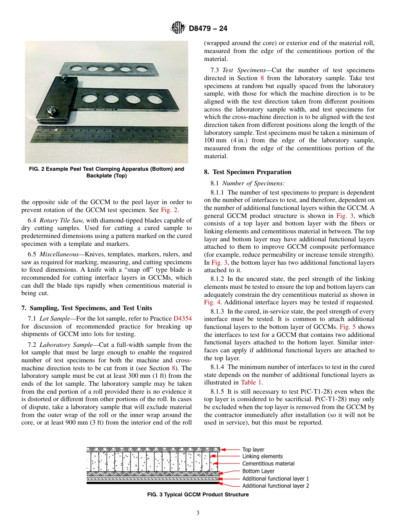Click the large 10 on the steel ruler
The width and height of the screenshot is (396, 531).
tap(113, 131)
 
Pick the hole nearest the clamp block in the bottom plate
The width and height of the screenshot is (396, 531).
tap(89, 99)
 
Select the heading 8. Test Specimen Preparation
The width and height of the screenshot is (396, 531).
tap(248, 172)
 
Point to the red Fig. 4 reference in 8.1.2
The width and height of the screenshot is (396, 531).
tap(211, 302)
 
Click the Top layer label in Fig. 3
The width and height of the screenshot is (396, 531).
tap(253, 450)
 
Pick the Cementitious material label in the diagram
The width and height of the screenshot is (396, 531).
tap(268, 463)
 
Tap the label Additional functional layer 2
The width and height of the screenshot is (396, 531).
tap(276, 485)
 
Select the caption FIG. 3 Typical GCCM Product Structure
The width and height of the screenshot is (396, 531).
tap(198, 495)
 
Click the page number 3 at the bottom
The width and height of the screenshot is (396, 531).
tap(198, 513)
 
